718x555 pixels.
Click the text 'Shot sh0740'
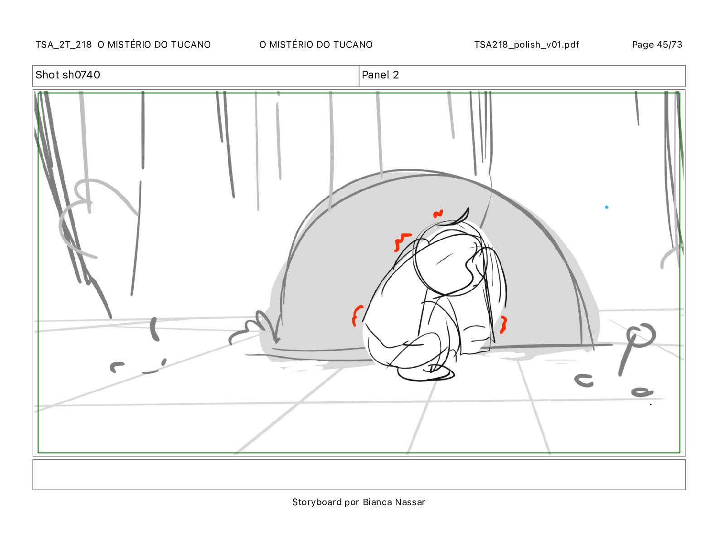click(x=68, y=75)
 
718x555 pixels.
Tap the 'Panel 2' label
click(x=380, y=75)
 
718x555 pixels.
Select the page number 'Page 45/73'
click(x=657, y=44)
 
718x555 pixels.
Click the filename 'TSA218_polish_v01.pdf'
click(x=527, y=44)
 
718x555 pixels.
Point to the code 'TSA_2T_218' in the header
click(x=63, y=44)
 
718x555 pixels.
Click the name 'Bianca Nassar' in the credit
click(x=394, y=502)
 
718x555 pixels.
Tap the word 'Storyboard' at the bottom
click(x=317, y=502)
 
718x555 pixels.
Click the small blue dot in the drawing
click(x=606, y=207)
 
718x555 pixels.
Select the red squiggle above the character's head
click(x=438, y=214)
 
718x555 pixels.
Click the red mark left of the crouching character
click(x=356, y=315)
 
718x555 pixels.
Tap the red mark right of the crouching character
click(x=504, y=324)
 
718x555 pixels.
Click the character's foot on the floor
click(x=426, y=374)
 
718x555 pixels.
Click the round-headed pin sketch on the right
click(x=636, y=344)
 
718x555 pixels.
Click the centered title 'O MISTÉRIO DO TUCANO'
click(x=316, y=44)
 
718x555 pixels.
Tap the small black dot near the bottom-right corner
click(x=651, y=404)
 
